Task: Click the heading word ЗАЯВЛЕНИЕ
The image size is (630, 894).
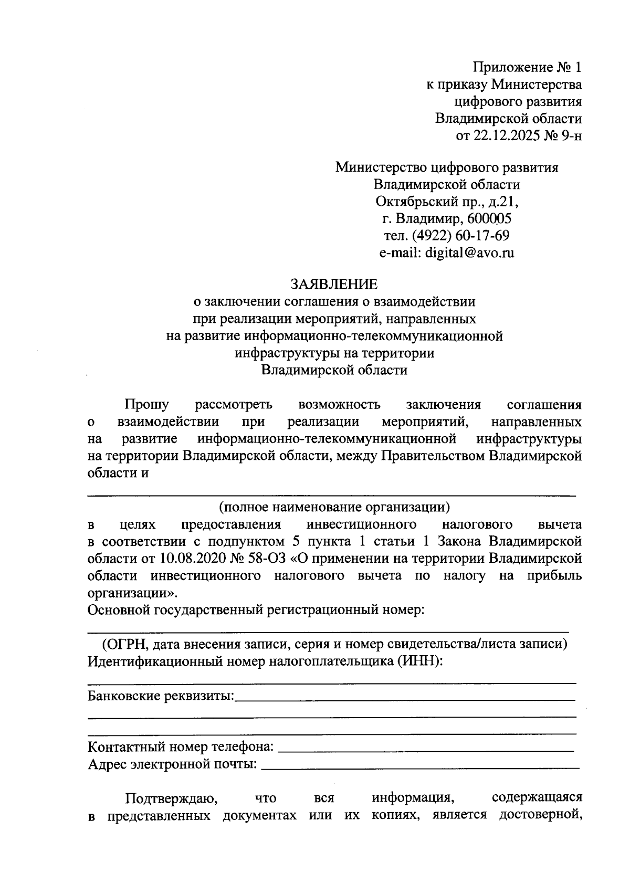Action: [x=334, y=284]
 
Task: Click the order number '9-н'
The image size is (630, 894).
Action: [x=570, y=136]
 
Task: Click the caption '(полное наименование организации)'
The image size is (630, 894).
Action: [x=334, y=507]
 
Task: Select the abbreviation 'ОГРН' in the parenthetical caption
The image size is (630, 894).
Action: [x=121, y=644]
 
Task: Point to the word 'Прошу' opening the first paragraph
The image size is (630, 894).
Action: [x=146, y=405]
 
